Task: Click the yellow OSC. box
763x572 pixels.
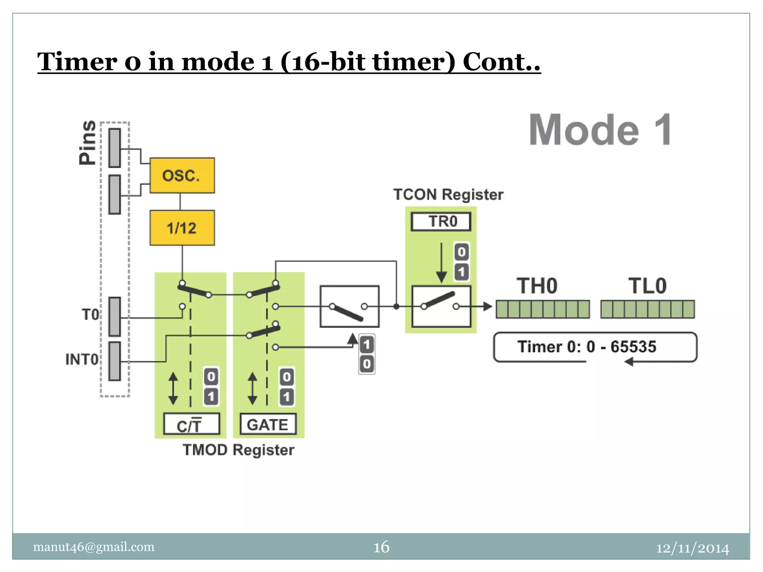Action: coord(182,175)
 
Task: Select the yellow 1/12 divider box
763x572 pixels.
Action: coord(182,228)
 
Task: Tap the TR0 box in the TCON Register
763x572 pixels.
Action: coord(441,222)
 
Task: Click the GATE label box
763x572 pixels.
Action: coord(268,424)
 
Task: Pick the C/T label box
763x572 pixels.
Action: coord(191,424)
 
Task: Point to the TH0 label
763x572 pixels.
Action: coord(537,286)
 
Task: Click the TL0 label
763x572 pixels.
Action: coord(647,286)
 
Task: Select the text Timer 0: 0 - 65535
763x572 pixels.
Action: coord(586,347)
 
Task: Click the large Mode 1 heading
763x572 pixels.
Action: coord(600,130)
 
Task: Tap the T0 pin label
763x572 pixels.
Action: coord(91,315)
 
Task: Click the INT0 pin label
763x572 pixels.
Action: coord(82,359)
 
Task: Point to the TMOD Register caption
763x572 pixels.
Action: coord(238,450)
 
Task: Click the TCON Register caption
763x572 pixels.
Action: coord(448,194)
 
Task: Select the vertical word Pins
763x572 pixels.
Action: coord(88,142)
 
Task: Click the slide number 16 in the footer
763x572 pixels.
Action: coord(381,547)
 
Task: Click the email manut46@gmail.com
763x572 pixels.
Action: coord(94,547)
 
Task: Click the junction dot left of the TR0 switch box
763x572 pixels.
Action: coord(396,306)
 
